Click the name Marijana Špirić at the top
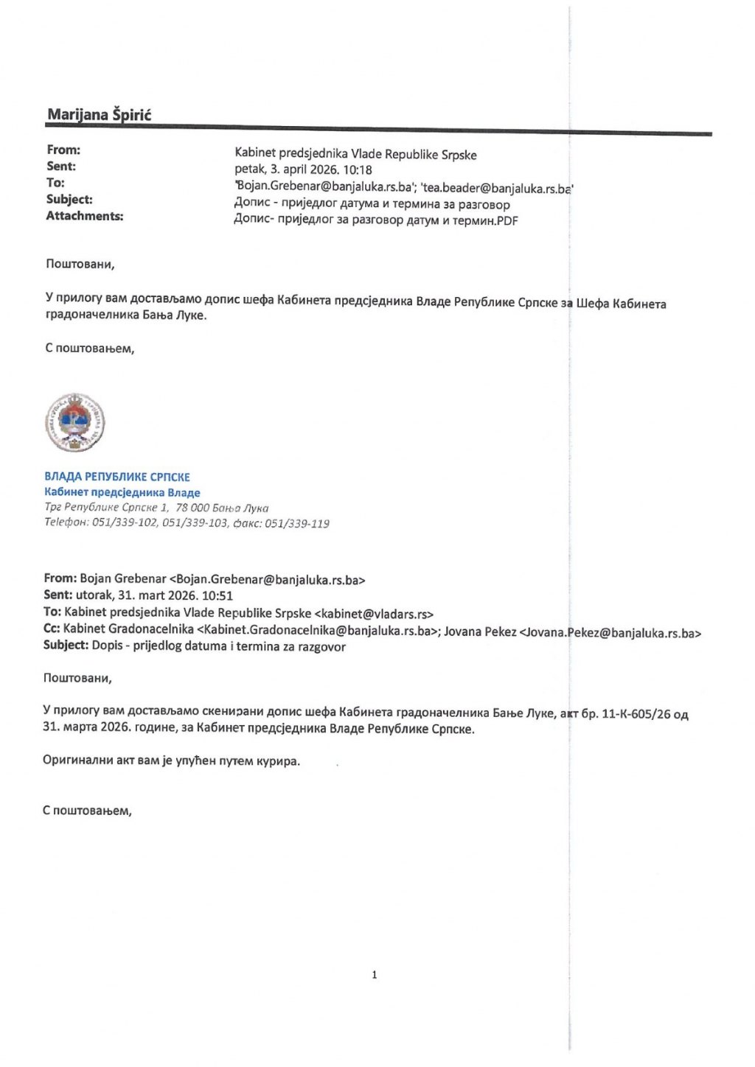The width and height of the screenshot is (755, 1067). click(100, 114)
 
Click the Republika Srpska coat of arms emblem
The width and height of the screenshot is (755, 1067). click(74, 422)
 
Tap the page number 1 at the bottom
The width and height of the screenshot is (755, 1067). click(375, 975)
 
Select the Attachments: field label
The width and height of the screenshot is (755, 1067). click(85, 216)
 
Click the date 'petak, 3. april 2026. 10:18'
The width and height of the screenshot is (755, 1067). click(303, 170)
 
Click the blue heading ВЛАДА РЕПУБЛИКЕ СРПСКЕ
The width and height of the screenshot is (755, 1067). click(117, 477)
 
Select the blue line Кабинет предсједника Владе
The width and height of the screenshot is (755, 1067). click(122, 492)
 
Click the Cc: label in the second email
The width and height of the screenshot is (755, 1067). click(52, 630)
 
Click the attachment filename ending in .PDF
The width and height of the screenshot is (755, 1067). click(376, 220)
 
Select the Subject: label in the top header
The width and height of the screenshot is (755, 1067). click(69, 200)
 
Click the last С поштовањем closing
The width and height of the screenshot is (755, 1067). click(87, 811)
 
